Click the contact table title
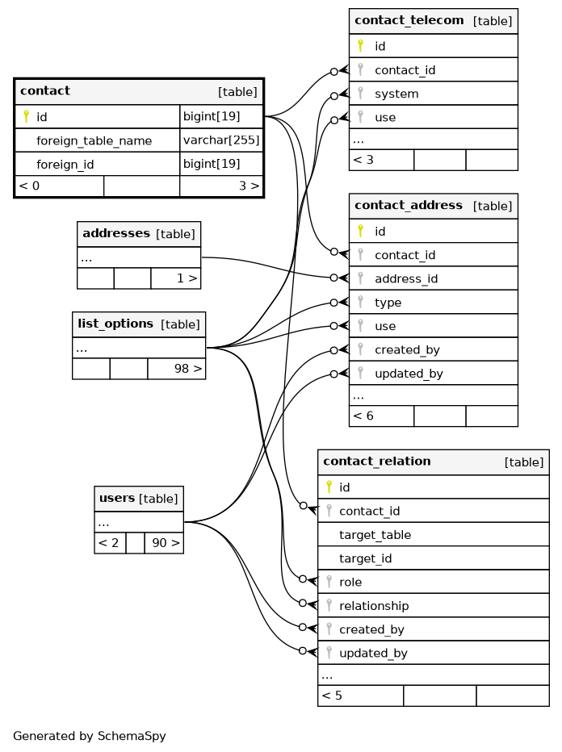point(45,91)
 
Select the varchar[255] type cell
point(221,140)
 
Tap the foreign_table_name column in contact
point(94,141)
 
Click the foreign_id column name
point(65,165)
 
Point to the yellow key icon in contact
point(26,117)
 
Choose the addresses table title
point(116,234)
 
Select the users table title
point(116,499)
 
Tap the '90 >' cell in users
point(165,543)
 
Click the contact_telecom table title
point(409,20)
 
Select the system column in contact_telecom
point(396,94)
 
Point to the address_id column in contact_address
point(405,278)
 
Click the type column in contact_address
point(388,303)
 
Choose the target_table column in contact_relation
point(375,534)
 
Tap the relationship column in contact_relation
point(374,605)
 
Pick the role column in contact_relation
point(350,582)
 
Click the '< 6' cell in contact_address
point(364,416)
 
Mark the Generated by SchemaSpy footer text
point(89,736)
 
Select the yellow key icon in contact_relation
point(329,487)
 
